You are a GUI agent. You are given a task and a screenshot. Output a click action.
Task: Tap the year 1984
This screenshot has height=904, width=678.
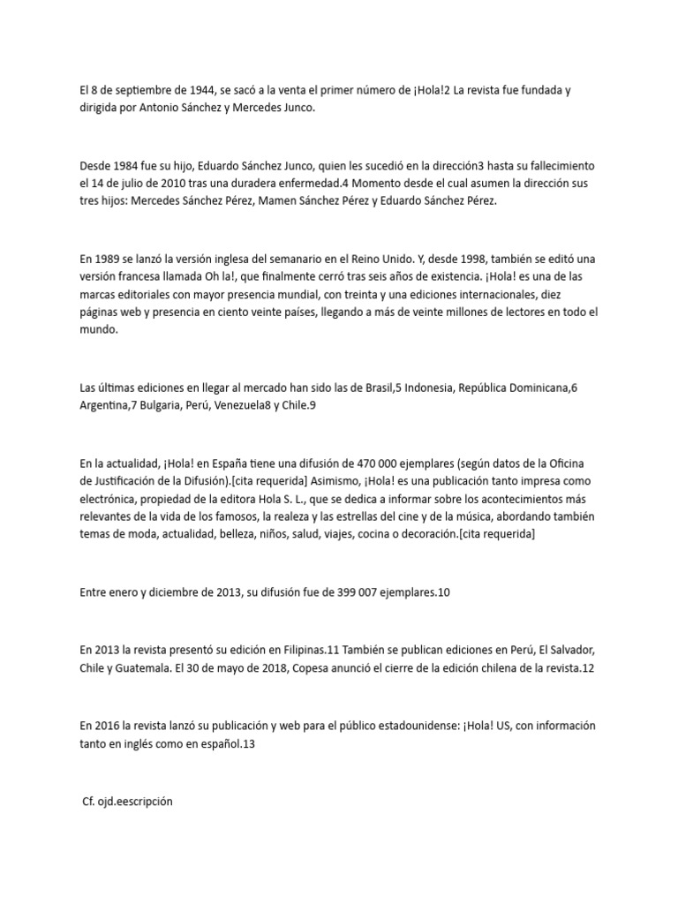point(130,166)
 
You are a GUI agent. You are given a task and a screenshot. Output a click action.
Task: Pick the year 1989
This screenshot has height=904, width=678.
point(109,260)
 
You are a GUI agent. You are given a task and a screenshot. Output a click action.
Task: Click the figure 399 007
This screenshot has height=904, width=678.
point(358,591)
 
